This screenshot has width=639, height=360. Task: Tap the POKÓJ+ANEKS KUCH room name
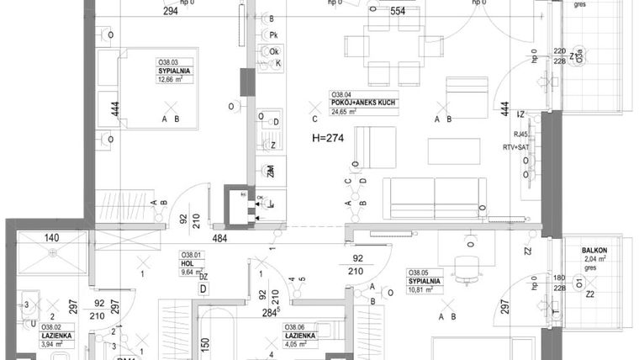(x=362, y=103)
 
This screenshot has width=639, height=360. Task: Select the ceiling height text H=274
(x=330, y=136)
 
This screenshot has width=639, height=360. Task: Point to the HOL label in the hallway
(x=187, y=262)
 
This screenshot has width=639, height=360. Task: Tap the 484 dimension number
(x=221, y=239)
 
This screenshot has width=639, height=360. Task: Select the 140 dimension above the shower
(x=52, y=239)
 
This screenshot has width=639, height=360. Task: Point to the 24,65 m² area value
(x=349, y=111)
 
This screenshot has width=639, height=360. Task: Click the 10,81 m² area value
(x=425, y=289)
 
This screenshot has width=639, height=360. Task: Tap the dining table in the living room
(x=393, y=50)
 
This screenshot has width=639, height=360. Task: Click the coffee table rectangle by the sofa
(x=453, y=151)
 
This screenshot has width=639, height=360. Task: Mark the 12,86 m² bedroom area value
(x=173, y=80)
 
